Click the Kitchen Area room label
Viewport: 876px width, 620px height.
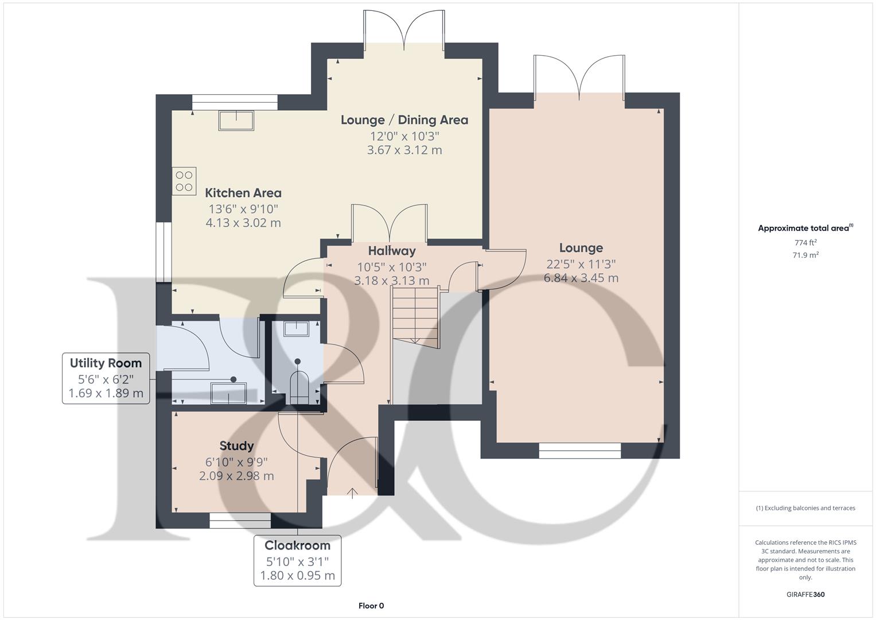pos(243,193)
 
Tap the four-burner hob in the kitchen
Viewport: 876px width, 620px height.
pos(184,180)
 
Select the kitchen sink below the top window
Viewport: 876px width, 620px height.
pos(236,121)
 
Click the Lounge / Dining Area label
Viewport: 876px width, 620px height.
pos(404,120)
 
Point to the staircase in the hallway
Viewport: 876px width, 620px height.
pos(415,317)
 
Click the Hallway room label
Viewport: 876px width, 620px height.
pos(392,251)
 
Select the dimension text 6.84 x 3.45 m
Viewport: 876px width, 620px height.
pos(581,278)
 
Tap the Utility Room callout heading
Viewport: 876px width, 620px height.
pos(106,363)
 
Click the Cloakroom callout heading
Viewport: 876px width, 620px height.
pos(297,545)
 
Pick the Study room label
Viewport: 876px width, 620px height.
pos(236,446)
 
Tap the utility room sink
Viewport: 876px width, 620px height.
pos(228,393)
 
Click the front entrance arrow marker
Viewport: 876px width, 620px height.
pos(352,491)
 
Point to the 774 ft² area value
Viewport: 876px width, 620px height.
pos(805,243)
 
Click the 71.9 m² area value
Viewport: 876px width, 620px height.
pos(805,255)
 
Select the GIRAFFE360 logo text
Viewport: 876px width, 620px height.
pos(805,595)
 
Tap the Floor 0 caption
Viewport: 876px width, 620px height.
pos(371,606)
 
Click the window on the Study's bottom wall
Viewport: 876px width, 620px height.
pos(240,520)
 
